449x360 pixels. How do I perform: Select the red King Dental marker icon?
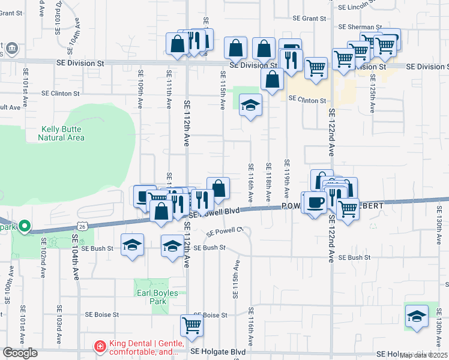pyautogui.click(x=99, y=346)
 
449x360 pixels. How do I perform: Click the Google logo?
pyautogui.click(x=20, y=353)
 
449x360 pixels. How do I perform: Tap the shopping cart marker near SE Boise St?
pyautogui.click(x=191, y=325)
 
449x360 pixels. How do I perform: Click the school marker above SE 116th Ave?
pyautogui.click(x=250, y=107)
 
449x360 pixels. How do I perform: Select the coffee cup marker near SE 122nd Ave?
pyautogui.click(x=314, y=202)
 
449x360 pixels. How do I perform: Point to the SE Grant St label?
pyautogui.click(x=306, y=19)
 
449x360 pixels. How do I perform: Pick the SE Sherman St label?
pyautogui.click(x=360, y=27)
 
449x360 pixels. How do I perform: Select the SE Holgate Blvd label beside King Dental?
pyautogui.click(x=218, y=352)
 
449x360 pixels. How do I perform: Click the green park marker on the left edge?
pyautogui.click(x=24, y=226)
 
